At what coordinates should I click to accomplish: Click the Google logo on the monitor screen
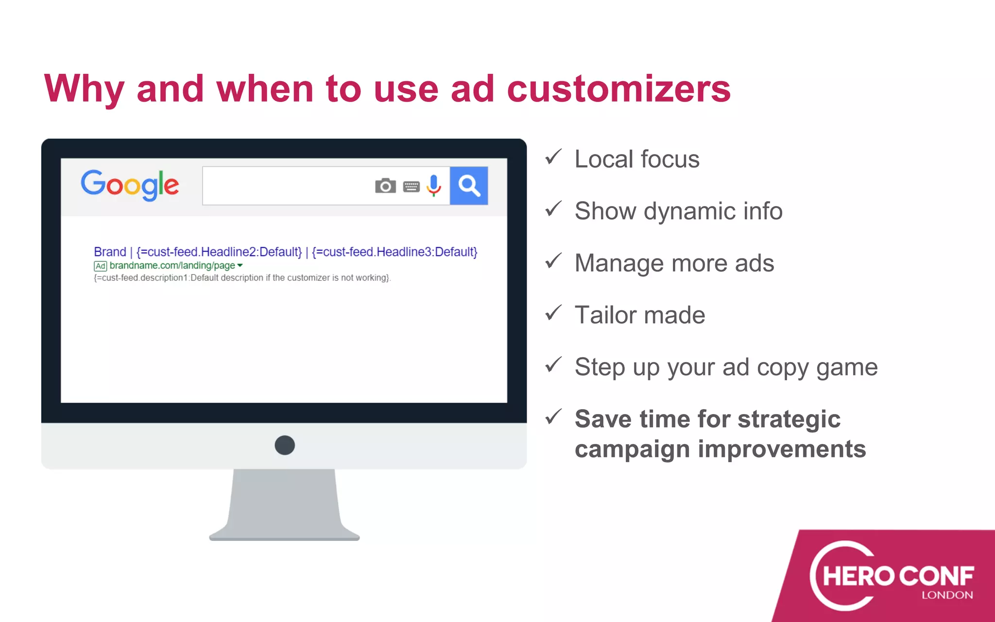(x=130, y=185)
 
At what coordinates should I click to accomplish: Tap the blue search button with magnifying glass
(x=469, y=186)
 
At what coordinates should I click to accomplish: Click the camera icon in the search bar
(x=385, y=186)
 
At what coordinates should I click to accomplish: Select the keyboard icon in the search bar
(x=411, y=187)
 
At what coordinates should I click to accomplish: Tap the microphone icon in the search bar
(x=434, y=185)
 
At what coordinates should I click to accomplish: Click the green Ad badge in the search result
(x=100, y=266)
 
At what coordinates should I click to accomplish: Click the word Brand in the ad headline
(x=110, y=252)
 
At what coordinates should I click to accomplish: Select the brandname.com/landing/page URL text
(x=172, y=265)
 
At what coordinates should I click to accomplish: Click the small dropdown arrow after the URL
(x=240, y=265)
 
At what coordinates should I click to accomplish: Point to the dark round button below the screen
(x=285, y=445)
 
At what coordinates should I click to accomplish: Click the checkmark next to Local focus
(x=553, y=157)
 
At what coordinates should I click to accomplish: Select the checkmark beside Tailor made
(x=553, y=313)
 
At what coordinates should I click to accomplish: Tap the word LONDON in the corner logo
(x=947, y=595)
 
